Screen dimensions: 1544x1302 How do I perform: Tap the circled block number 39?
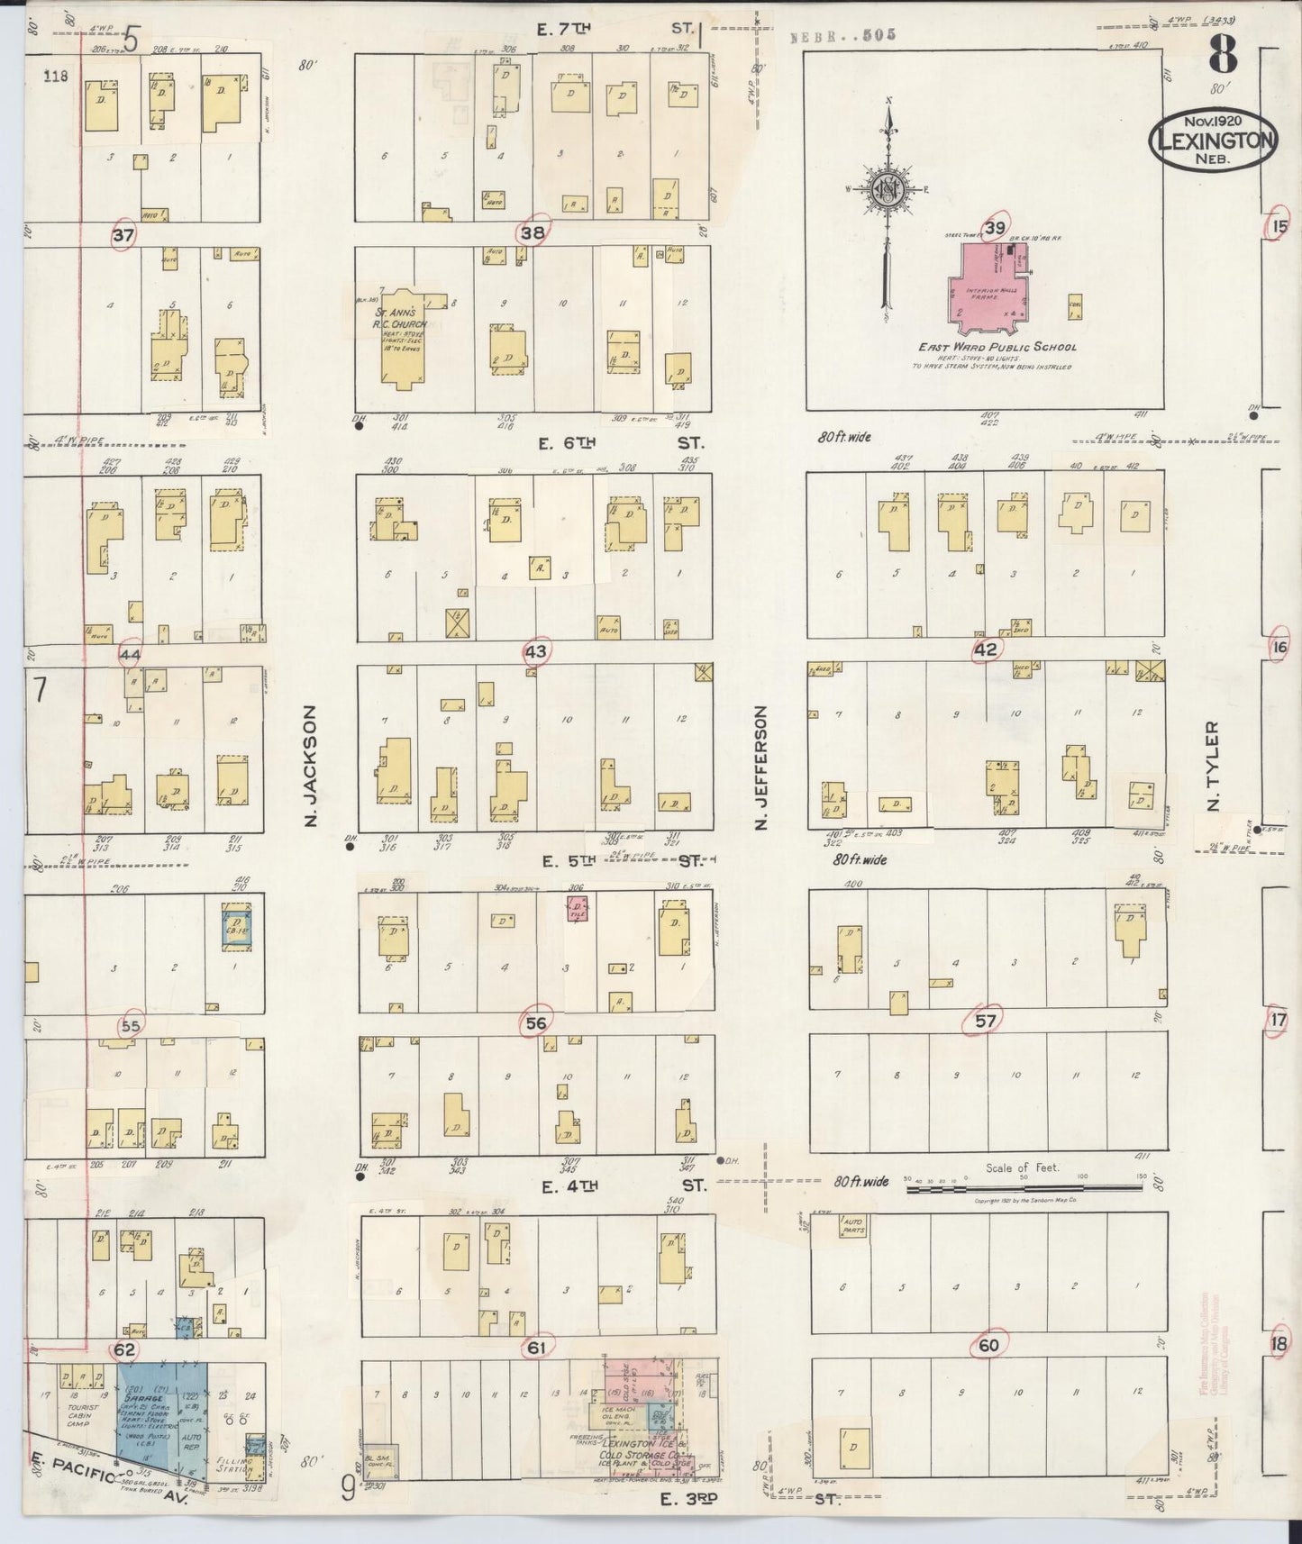click(994, 228)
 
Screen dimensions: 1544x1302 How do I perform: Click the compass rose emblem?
click(888, 190)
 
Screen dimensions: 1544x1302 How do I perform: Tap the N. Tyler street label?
click(1213, 766)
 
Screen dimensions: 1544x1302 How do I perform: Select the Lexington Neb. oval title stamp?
click(1211, 140)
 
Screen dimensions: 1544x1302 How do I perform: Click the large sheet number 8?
click(1223, 58)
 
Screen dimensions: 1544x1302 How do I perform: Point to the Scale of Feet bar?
click(1024, 1189)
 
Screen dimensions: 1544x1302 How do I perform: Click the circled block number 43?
click(536, 650)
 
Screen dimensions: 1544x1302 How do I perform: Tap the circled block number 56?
click(536, 1022)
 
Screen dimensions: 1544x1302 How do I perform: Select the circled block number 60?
click(988, 1345)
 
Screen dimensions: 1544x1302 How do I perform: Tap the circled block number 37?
click(123, 235)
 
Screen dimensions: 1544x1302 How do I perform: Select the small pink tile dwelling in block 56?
click(577, 909)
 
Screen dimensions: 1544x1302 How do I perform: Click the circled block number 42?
click(986, 649)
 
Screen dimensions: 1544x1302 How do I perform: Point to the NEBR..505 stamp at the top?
click(843, 35)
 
